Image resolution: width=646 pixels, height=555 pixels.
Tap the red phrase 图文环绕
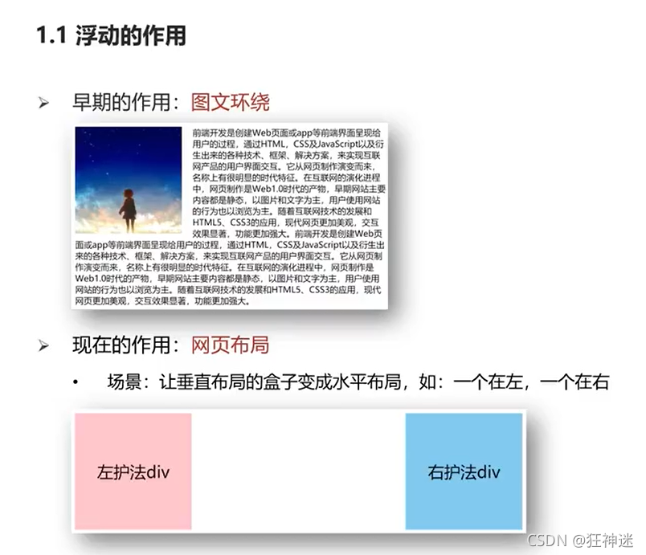[x=230, y=102]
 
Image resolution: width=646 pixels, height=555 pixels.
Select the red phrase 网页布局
[x=230, y=345]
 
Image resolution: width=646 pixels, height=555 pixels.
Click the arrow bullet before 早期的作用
[x=45, y=103]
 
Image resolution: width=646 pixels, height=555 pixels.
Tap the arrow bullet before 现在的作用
[x=45, y=346]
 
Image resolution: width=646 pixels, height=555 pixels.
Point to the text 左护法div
[x=133, y=471]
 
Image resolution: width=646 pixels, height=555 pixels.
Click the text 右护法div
[x=464, y=471]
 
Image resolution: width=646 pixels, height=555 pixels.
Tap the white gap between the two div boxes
[x=298, y=471]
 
